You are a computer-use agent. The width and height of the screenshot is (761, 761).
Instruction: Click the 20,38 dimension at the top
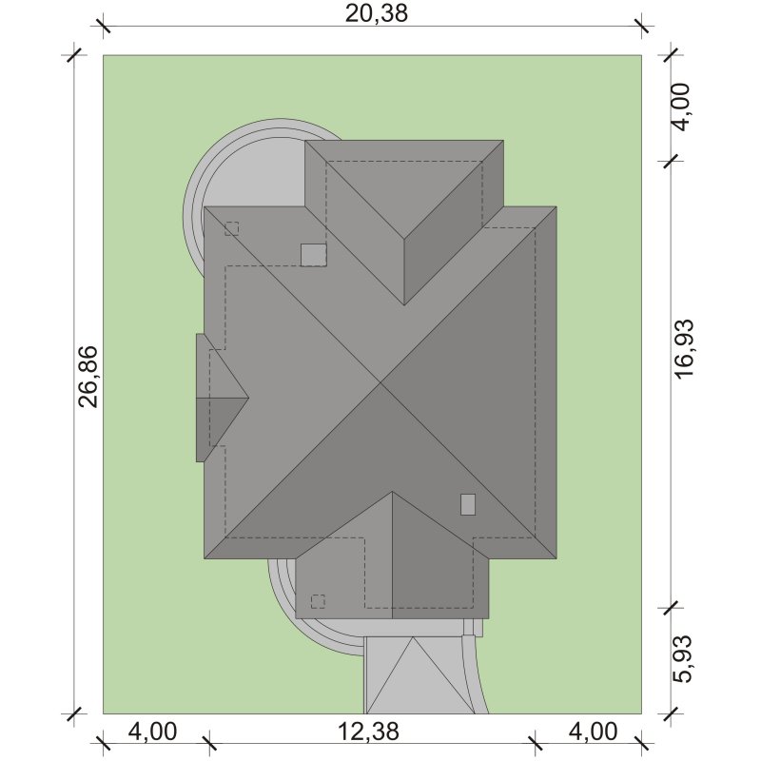[x=376, y=13]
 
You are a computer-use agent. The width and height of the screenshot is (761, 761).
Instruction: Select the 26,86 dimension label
[x=88, y=377]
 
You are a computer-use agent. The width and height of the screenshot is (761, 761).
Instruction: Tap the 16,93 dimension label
[x=684, y=348]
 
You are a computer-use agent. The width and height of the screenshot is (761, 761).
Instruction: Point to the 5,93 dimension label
[x=684, y=658]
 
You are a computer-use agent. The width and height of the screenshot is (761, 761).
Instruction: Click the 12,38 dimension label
[x=368, y=731]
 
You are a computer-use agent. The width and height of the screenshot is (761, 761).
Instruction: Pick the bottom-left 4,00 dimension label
[x=152, y=731]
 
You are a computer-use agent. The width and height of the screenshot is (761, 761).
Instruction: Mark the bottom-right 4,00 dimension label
[x=593, y=731]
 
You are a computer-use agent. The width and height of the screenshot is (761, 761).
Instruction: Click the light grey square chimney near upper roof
[x=314, y=255]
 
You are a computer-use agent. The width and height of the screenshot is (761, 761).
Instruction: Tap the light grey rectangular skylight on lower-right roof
[x=468, y=504]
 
